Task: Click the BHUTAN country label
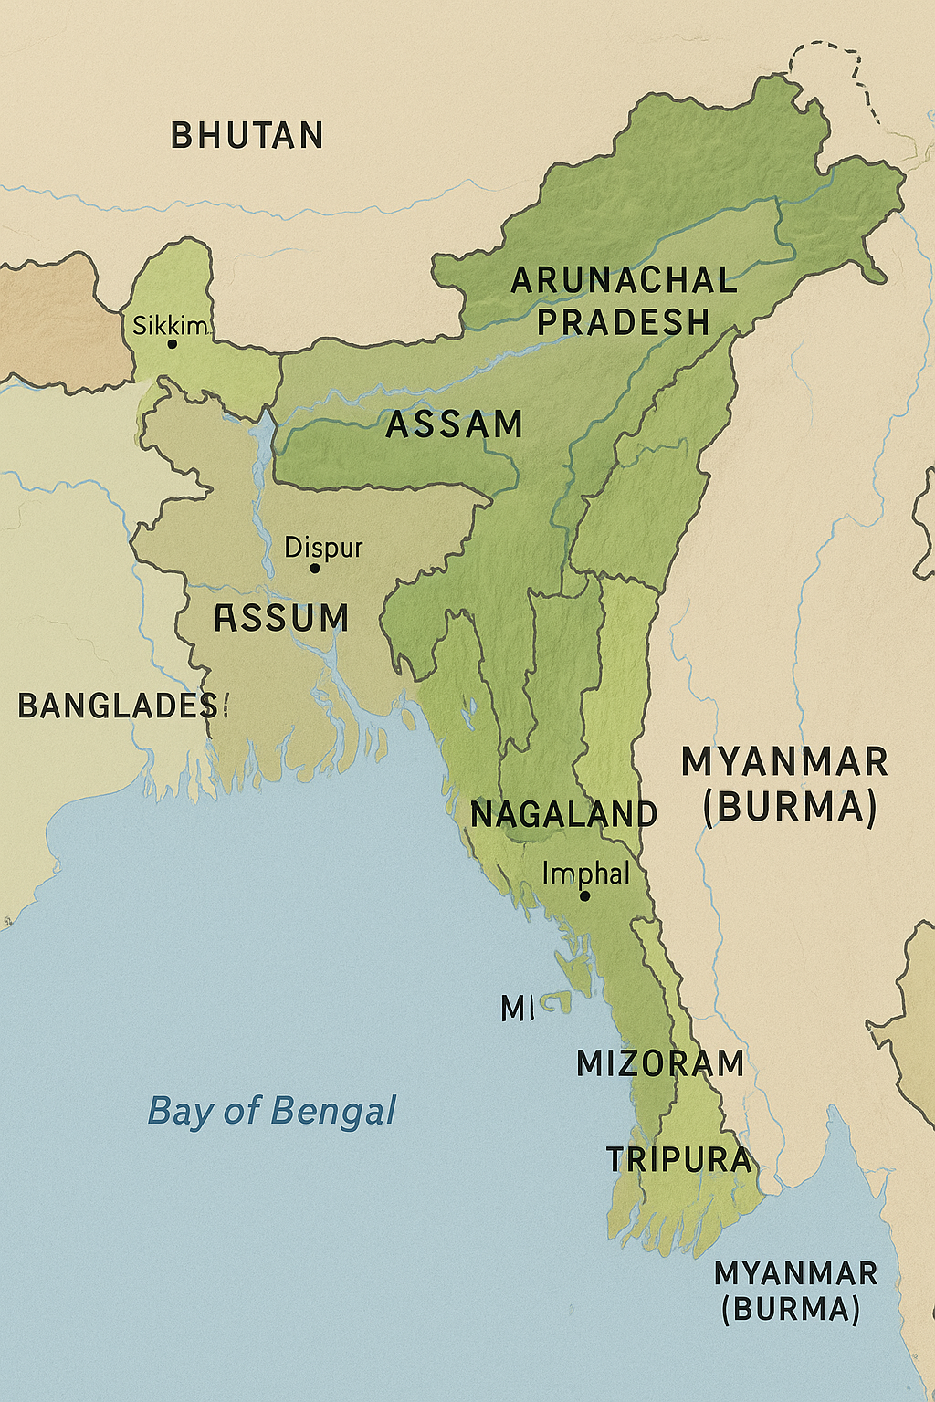coord(247,136)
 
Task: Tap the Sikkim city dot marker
coord(172,344)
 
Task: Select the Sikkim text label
coord(170,325)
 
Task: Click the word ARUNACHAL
coord(624,280)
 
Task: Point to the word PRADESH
coord(624,322)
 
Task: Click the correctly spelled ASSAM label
coord(454,424)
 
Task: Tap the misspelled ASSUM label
coord(281,619)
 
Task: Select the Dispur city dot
coord(314,568)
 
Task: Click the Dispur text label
coord(323,548)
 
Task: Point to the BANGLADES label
coord(122,706)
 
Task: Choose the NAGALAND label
coord(563,814)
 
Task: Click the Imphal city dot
coord(584,895)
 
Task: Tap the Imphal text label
coord(585,874)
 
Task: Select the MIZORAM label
coord(660,1063)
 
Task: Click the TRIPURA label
coord(679,1159)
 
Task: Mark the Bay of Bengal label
coord(272,1111)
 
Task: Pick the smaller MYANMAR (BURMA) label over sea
coord(795,1291)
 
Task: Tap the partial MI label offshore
coord(518,1009)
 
